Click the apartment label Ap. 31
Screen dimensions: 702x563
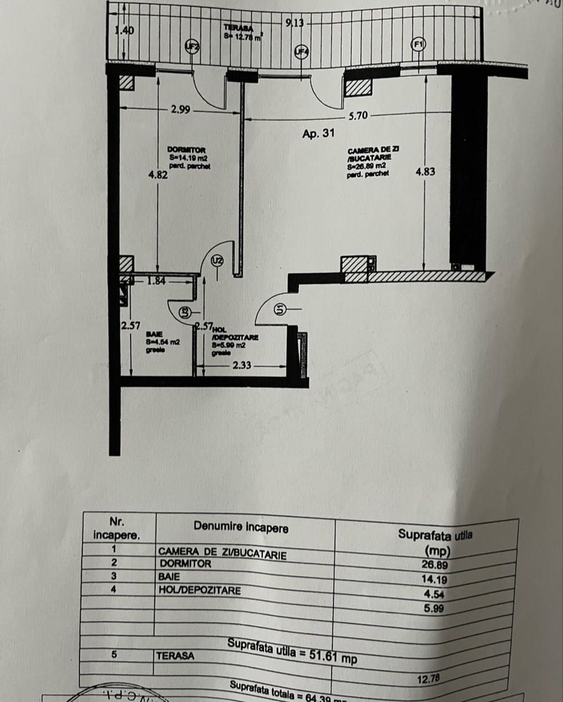pos(319,134)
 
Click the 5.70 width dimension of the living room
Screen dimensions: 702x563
pos(358,116)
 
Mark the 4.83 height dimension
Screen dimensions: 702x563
pos(425,172)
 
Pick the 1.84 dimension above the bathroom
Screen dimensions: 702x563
pos(156,281)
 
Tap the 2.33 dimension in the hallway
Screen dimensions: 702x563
pos(242,366)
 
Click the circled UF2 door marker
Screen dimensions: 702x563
pos(192,46)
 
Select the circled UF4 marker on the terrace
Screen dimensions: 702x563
pos(301,52)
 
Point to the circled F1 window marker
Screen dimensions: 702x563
pos(418,44)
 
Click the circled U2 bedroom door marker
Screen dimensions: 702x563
pos(218,261)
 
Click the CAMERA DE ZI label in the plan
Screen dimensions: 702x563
pos(373,150)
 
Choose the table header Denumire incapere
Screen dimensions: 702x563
pos(241,528)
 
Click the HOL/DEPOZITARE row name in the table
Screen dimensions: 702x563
pos(200,590)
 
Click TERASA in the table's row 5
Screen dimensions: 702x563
pos(175,656)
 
